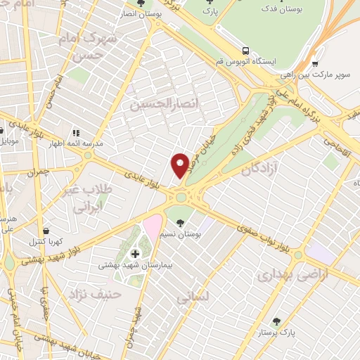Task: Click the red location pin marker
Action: tap(181, 165)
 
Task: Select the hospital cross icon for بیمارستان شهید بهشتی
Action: tap(135, 253)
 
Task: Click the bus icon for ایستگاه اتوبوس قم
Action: tap(246, 51)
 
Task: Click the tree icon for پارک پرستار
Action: tap(277, 320)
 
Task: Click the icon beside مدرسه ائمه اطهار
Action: tap(76, 131)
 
